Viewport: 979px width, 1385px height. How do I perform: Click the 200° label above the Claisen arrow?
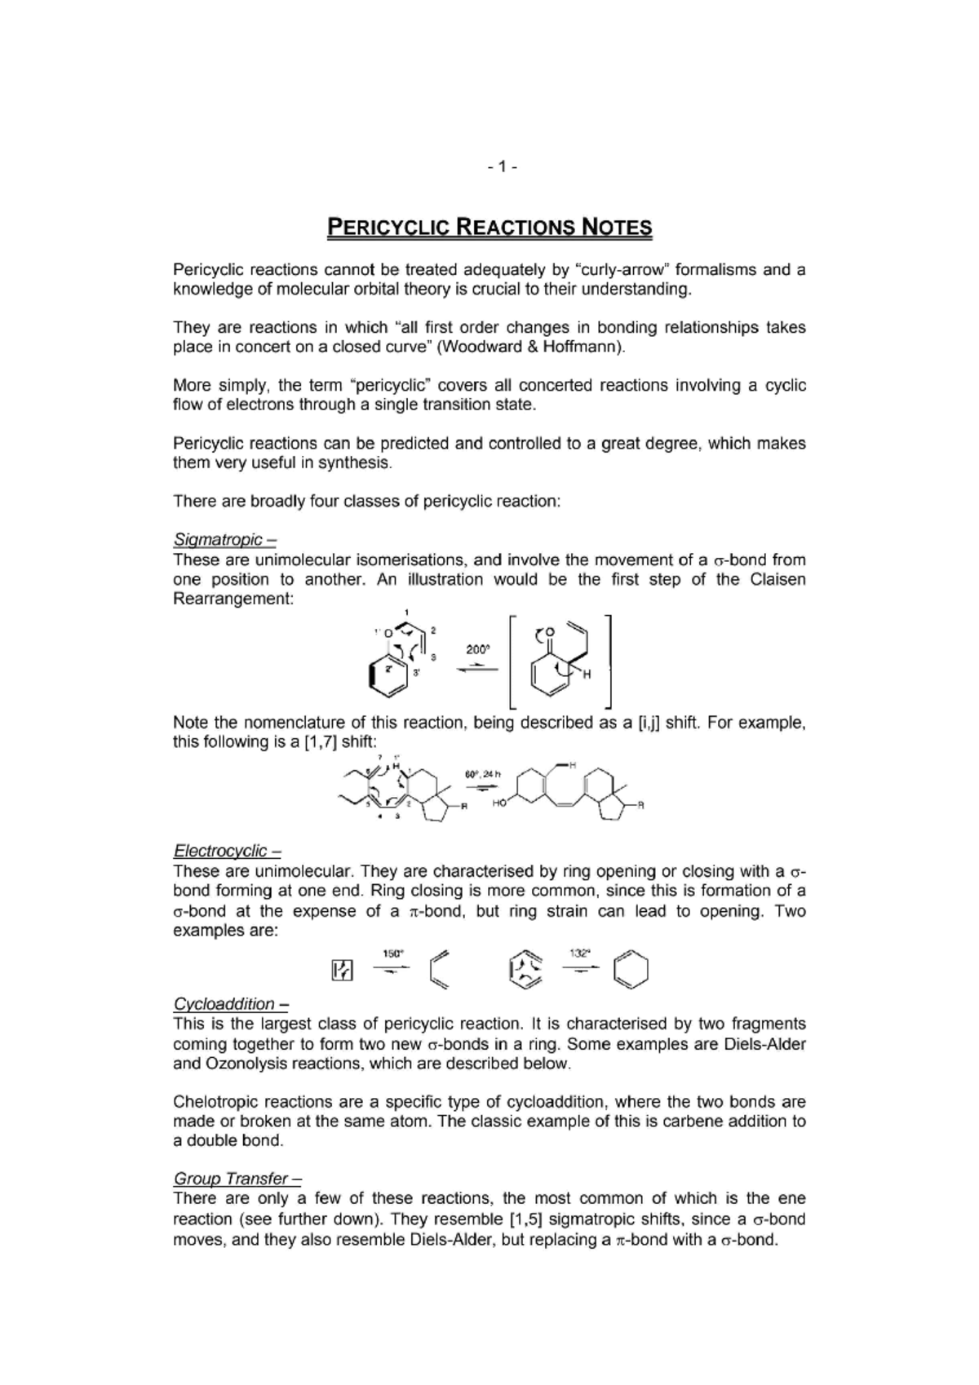point(477,649)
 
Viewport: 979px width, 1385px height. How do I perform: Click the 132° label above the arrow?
point(580,952)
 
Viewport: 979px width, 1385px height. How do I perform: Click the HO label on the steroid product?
point(500,803)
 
